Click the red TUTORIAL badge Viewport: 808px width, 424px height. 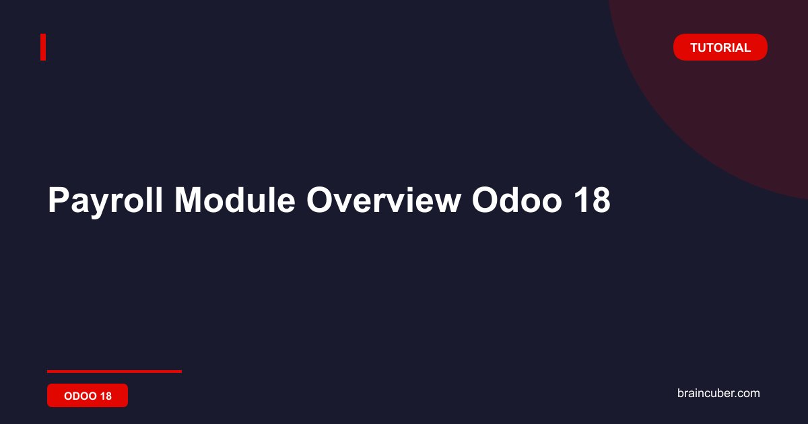pyautogui.click(x=720, y=47)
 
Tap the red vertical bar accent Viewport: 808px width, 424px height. pyautogui.click(x=43, y=47)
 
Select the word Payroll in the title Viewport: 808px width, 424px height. pyautogui.click(x=105, y=201)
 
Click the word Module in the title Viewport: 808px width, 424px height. pyautogui.click(x=235, y=200)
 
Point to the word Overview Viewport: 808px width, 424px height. pyautogui.click(x=384, y=200)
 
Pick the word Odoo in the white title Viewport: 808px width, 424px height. pyautogui.click(x=517, y=200)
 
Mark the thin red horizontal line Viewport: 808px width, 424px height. pyautogui.click(x=114, y=372)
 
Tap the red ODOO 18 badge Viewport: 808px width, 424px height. pyautogui.click(x=88, y=396)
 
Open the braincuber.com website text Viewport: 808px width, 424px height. pyautogui.click(x=718, y=393)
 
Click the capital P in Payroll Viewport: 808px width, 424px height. pyautogui.click(x=59, y=200)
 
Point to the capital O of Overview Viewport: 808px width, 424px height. pyautogui.click(x=320, y=200)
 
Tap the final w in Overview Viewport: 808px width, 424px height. pyautogui.click(x=446, y=203)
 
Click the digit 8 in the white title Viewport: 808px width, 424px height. pyautogui.click(x=600, y=200)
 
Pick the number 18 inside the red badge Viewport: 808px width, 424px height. pyautogui.click(x=106, y=396)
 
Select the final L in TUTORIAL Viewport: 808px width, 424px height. pyautogui.click(x=747, y=48)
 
